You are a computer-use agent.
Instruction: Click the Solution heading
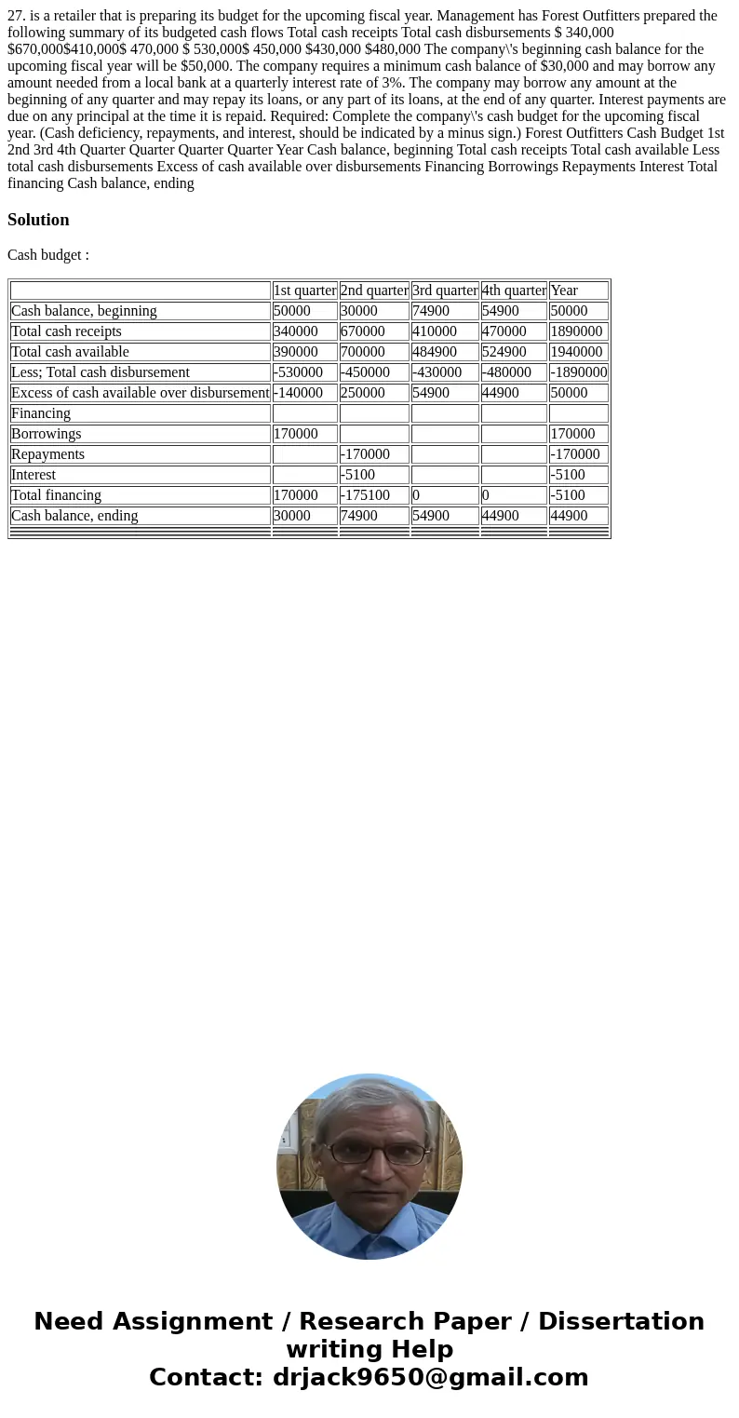(38, 220)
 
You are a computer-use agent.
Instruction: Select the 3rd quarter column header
(445, 290)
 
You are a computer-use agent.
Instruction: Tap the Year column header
(564, 290)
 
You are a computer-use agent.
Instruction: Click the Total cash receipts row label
(66, 331)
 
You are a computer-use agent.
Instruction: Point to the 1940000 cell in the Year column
(576, 352)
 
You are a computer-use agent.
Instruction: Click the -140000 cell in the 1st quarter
(298, 393)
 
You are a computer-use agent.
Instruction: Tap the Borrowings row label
(47, 434)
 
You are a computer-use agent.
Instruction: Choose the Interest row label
(34, 475)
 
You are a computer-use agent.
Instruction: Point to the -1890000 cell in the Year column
(578, 372)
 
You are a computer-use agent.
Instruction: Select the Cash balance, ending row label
(74, 516)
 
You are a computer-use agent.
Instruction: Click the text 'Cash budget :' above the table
(48, 255)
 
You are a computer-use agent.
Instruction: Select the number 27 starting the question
(15, 16)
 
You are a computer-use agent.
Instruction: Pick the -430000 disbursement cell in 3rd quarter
(437, 372)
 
